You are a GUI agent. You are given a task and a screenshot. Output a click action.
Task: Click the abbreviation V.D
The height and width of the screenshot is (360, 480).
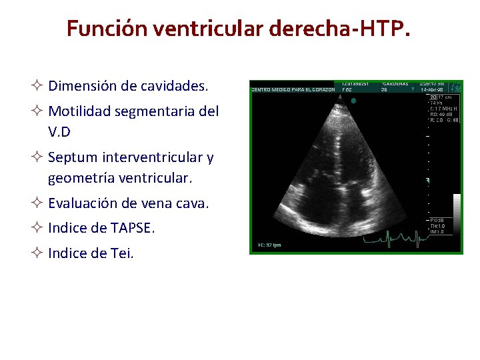pos(59,132)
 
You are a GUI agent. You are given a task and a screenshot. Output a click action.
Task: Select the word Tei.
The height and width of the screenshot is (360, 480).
pos(122,253)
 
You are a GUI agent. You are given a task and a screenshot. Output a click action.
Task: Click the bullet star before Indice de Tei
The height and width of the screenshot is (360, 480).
pos(38,253)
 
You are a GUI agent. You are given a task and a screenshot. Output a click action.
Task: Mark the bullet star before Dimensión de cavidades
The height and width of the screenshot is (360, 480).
pos(38,86)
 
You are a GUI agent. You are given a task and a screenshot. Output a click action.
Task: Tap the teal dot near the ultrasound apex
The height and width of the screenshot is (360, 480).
pos(353,101)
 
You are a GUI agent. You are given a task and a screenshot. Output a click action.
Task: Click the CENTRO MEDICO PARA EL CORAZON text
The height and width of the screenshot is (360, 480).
pos(293,89)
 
